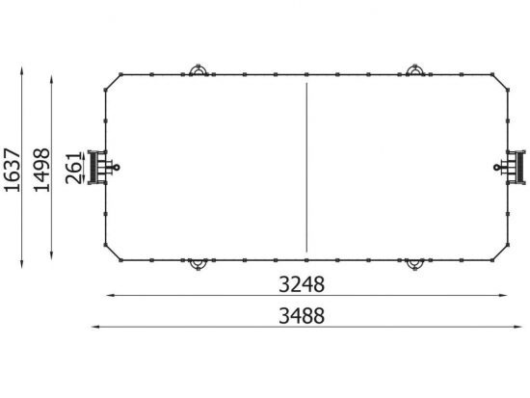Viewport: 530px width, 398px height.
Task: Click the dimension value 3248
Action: (x=302, y=284)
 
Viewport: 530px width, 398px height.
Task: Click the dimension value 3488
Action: (x=302, y=316)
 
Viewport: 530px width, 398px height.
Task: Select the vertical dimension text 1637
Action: (x=13, y=170)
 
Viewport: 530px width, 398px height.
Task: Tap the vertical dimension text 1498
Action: (x=41, y=170)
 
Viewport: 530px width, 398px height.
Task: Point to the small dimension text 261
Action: (x=74, y=169)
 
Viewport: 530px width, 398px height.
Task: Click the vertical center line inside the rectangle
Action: (x=306, y=168)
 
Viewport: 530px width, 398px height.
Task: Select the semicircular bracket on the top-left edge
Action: (x=199, y=69)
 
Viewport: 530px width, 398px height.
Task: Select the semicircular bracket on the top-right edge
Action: (x=415, y=69)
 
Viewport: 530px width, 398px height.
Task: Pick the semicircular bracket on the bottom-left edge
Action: (x=199, y=265)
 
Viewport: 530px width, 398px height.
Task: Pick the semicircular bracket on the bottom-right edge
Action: (x=414, y=265)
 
